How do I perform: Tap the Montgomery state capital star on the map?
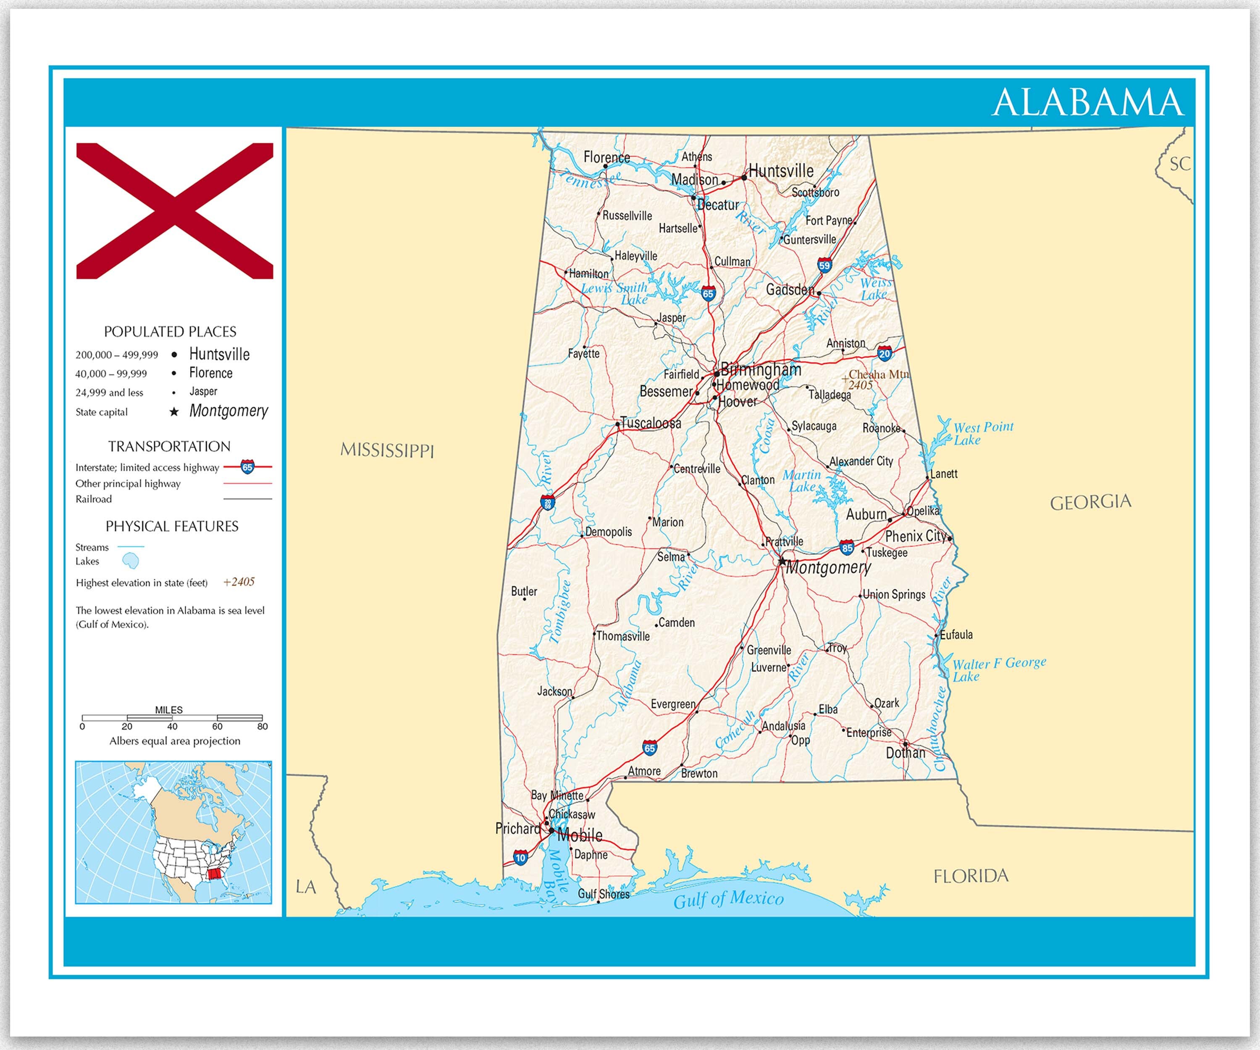click(782, 562)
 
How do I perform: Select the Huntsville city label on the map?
click(781, 171)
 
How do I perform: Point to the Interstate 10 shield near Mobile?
click(520, 857)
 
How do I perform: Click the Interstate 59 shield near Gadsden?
click(824, 265)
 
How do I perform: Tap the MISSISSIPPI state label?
click(387, 450)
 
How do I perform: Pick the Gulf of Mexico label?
click(728, 899)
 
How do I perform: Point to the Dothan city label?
click(906, 752)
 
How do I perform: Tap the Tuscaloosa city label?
click(651, 423)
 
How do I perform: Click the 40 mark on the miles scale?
click(172, 726)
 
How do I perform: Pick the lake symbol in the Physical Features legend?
click(130, 561)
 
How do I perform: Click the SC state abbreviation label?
click(1179, 164)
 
